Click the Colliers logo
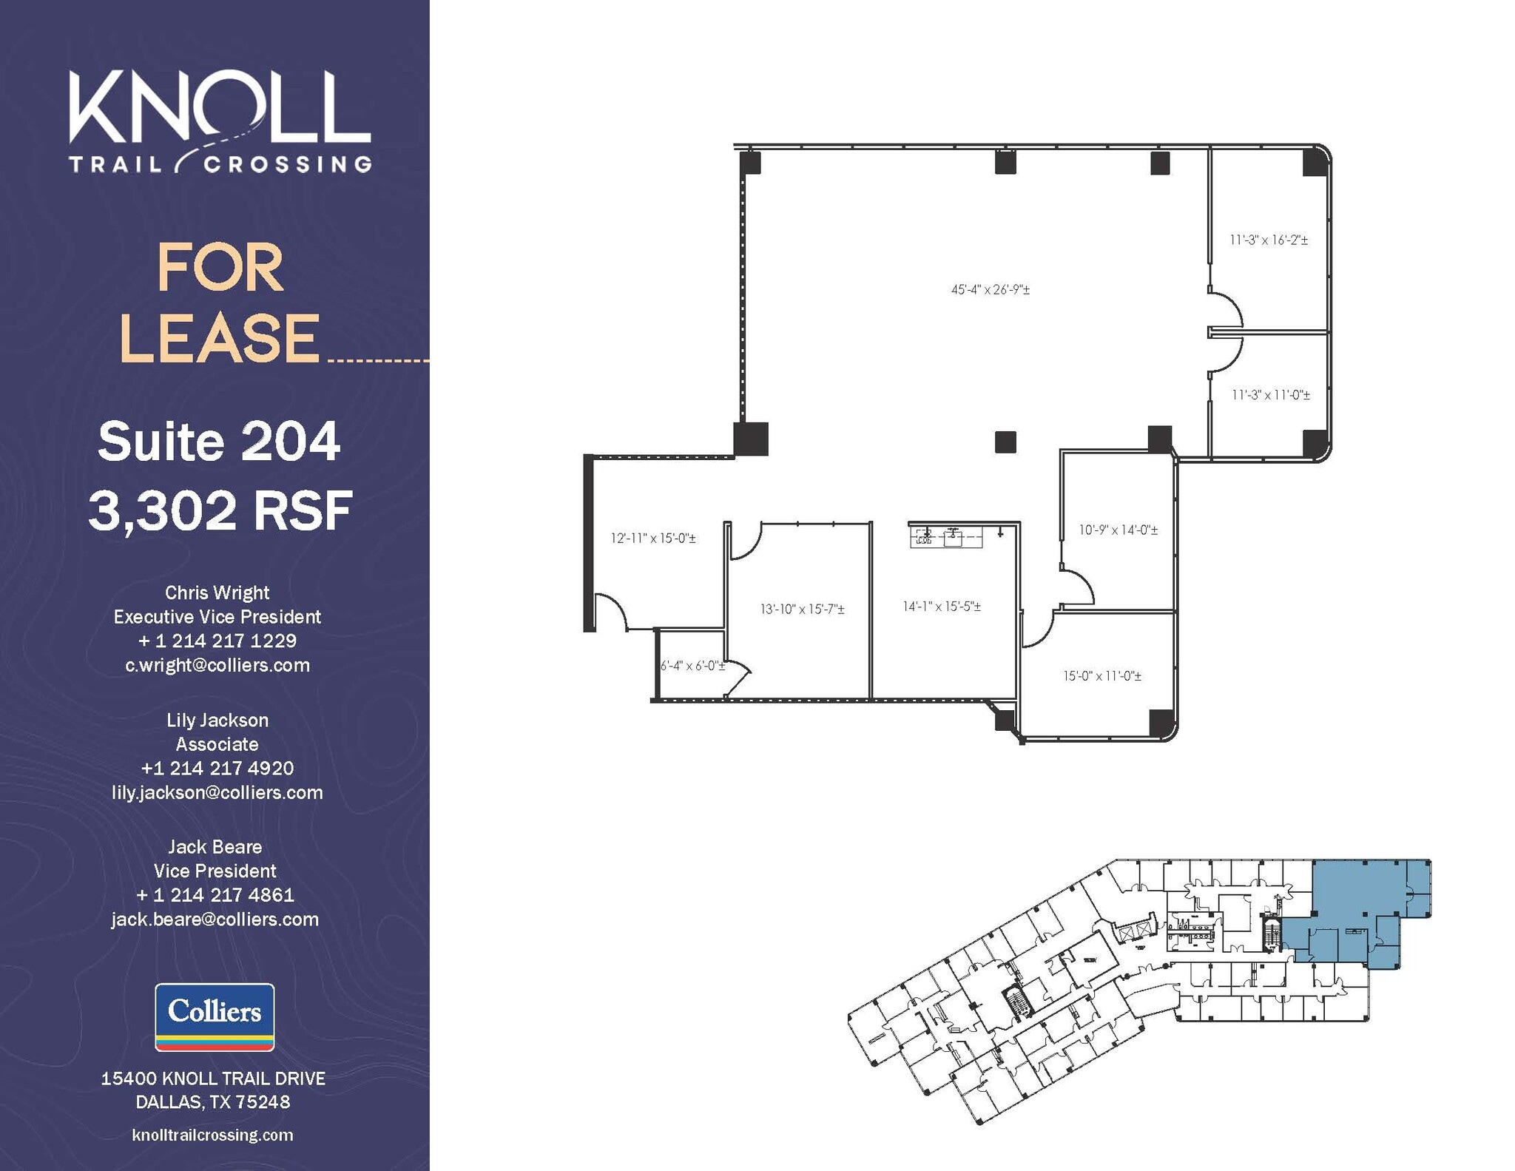tap(215, 1016)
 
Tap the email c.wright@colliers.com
tap(217, 665)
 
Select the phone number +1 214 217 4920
tap(217, 768)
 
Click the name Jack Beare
tap(215, 846)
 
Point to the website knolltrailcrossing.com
tap(213, 1135)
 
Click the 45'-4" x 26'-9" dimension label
tap(990, 290)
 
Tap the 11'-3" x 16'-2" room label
tap(1269, 240)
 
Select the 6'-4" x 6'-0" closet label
tap(692, 666)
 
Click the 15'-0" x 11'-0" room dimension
tap(1102, 676)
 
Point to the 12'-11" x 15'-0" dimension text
tap(652, 539)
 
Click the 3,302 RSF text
tap(220, 510)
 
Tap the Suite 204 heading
tap(219, 442)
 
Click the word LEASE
tap(220, 338)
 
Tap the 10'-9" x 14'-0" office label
tap(1118, 530)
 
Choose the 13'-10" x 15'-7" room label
tap(802, 610)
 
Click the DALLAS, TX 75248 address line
tap(213, 1102)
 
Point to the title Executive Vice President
tap(217, 617)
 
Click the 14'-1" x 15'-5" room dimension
tap(941, 607)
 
